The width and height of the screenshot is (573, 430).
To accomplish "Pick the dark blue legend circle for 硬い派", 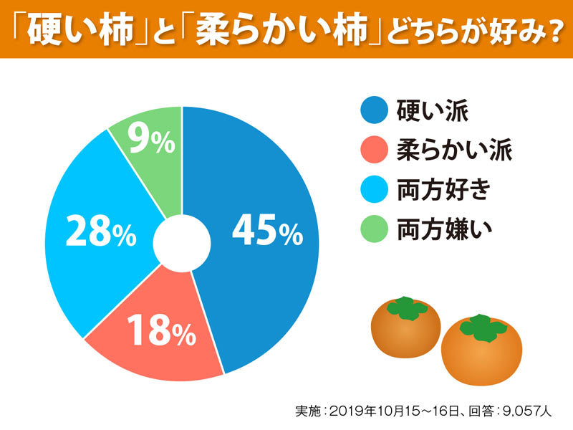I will [x=374, y=111].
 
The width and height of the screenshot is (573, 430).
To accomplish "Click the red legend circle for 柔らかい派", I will [x=374, y=151].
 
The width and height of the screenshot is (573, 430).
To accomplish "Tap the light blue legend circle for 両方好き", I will [x=374, y=191].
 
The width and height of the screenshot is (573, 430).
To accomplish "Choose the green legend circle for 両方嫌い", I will [x=374, y=231].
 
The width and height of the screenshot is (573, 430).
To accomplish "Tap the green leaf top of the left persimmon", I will [x=405, y=308].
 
